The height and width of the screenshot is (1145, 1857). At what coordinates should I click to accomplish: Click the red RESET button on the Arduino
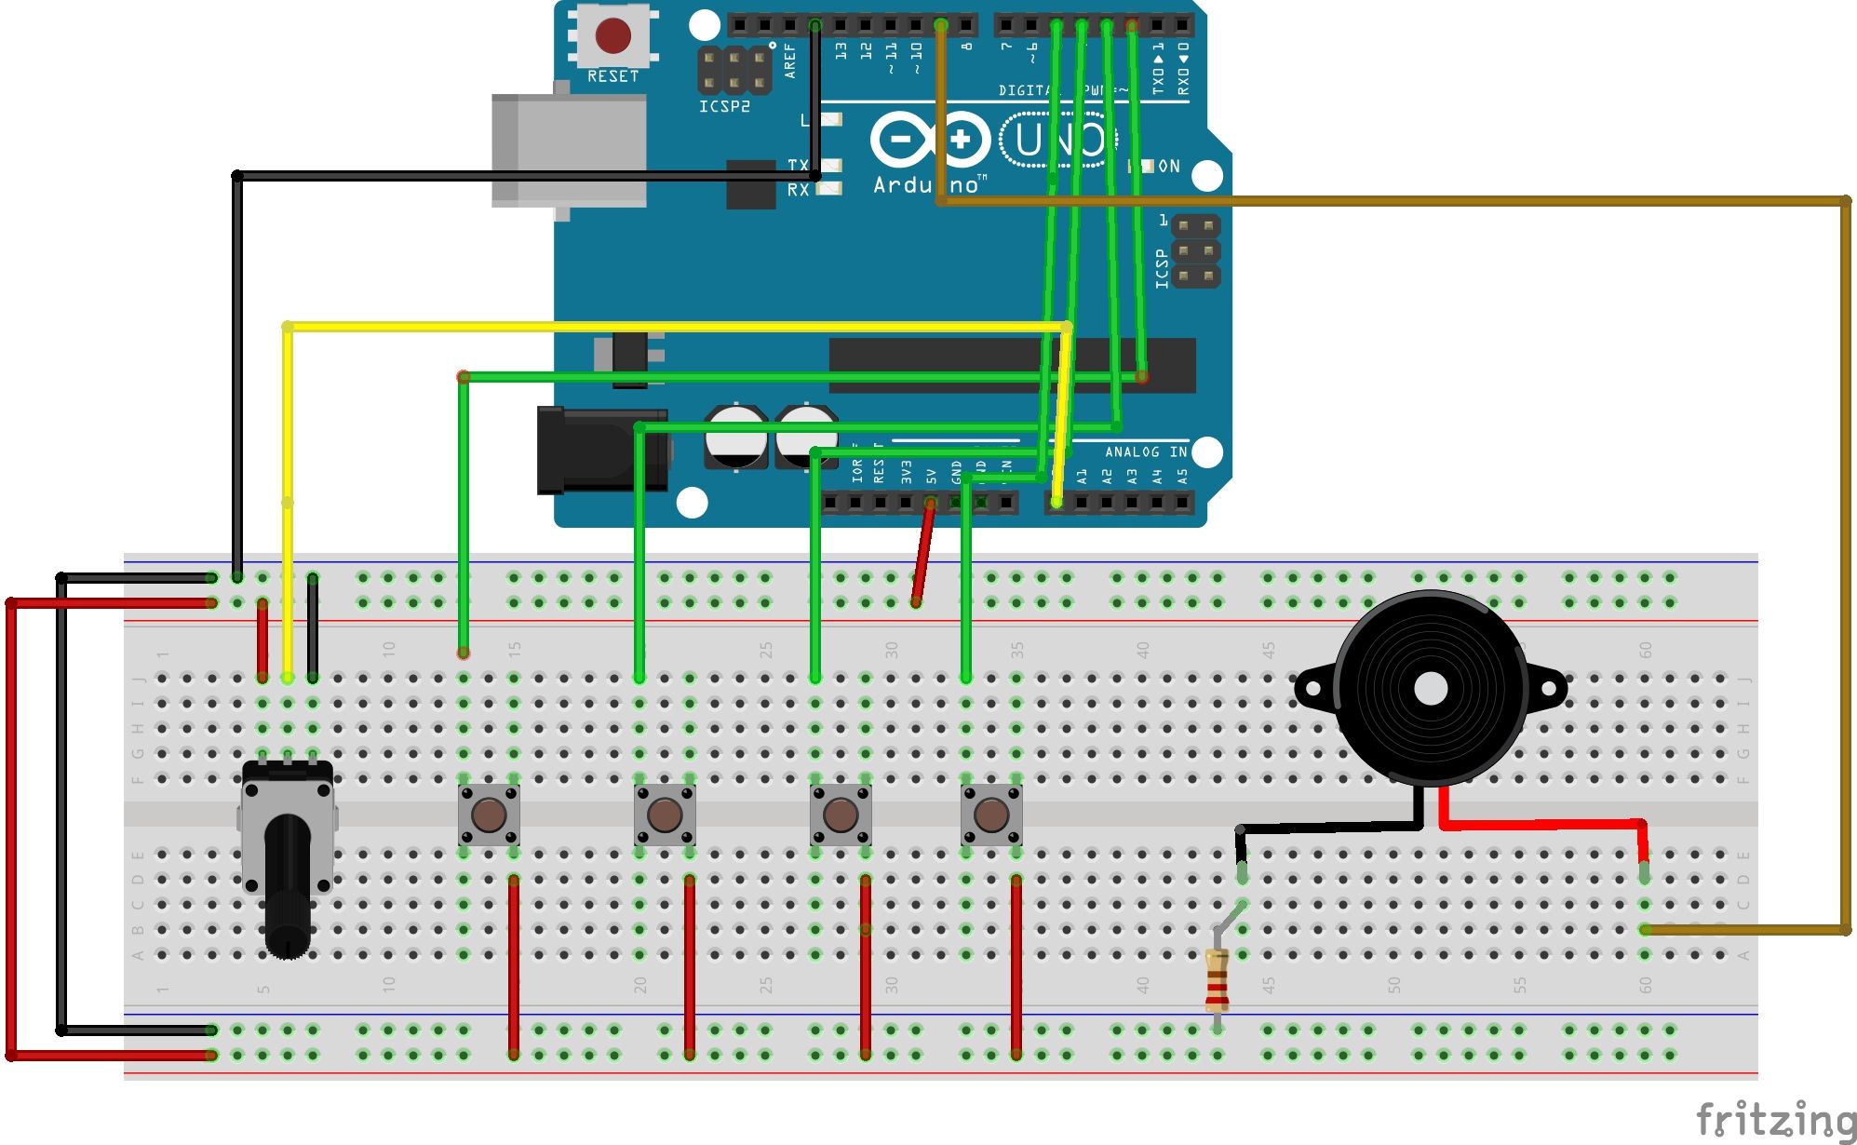(612, 36)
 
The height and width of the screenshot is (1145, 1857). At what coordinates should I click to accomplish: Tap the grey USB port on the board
(568, 149)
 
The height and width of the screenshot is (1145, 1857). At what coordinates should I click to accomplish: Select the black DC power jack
(601, 451)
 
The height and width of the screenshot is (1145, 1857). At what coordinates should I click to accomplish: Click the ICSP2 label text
(724, 107)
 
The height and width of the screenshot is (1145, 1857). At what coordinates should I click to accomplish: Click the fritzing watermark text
(1773, 1119)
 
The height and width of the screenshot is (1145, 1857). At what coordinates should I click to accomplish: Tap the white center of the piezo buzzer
(1430, 689)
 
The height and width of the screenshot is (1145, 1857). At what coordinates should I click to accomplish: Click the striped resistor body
(1217, 979)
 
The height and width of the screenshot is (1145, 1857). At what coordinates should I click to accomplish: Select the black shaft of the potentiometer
(288, 884)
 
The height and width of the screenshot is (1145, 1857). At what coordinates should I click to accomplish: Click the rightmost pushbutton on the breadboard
(990, 815)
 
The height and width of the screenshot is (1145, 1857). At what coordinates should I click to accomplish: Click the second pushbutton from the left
(664, 815)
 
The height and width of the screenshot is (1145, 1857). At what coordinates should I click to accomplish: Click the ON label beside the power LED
(1168, 167)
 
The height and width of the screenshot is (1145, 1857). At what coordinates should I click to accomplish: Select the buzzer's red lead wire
(1545, 824)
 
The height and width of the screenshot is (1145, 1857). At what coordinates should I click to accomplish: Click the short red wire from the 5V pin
(922, 554)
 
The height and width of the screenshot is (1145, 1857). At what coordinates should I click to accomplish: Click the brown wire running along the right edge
(1845, 559)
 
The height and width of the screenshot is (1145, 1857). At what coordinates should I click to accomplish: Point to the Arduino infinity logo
(929, 141)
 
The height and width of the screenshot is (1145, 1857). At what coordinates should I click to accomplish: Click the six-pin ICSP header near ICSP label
(1195, 251)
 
